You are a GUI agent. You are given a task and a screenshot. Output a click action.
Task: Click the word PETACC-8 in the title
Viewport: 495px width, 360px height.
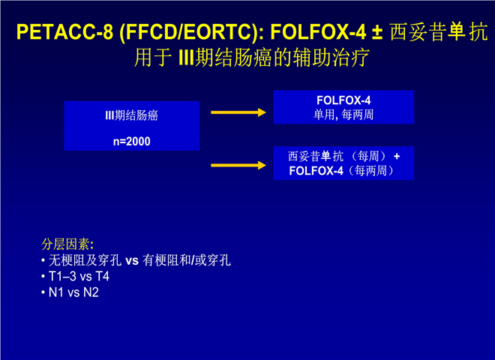coord(64,32)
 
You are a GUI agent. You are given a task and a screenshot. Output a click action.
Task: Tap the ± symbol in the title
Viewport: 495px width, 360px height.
coord(377,32)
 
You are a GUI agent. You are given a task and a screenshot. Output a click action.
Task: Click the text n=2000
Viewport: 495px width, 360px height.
coord(132,141)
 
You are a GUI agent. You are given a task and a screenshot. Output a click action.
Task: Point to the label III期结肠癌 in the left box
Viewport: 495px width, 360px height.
coord(132,115)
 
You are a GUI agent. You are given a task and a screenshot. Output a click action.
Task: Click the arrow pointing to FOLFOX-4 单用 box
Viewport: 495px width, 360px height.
coord(238,112)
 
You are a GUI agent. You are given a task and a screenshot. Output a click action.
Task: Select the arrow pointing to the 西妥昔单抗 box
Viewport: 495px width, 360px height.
coord(238,165)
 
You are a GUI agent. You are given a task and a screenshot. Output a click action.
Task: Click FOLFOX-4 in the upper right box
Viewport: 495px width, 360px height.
coord(343,100)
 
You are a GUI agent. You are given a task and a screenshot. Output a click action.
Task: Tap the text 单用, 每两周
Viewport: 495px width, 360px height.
coord(343,115)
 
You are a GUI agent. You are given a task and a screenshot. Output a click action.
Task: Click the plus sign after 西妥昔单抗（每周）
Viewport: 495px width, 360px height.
coord(397,156)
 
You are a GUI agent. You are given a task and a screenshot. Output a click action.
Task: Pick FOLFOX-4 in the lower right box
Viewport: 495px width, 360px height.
coord(316,171)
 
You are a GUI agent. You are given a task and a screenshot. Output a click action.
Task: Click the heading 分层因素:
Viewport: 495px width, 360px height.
coord(67,244)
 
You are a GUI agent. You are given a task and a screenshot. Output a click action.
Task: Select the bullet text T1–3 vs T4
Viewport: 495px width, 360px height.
coord(79,276)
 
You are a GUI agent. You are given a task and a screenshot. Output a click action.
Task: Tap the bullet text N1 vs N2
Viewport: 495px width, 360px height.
coord(73,292)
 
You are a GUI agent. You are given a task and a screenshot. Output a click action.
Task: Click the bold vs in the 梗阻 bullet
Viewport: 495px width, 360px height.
coord(132,261)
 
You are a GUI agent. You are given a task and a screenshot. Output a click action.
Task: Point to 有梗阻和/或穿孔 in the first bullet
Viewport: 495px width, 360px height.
coord(187,260)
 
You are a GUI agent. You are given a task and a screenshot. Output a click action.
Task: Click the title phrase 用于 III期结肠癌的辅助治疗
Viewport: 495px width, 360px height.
coord(251,58)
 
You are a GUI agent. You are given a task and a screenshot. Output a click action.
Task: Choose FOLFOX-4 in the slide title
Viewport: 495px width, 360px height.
coord(318,32)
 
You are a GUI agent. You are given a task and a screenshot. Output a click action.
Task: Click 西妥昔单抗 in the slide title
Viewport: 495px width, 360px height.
coord(439,32)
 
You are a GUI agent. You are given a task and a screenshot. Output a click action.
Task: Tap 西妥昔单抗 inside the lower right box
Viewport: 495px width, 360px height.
coord(315,156)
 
